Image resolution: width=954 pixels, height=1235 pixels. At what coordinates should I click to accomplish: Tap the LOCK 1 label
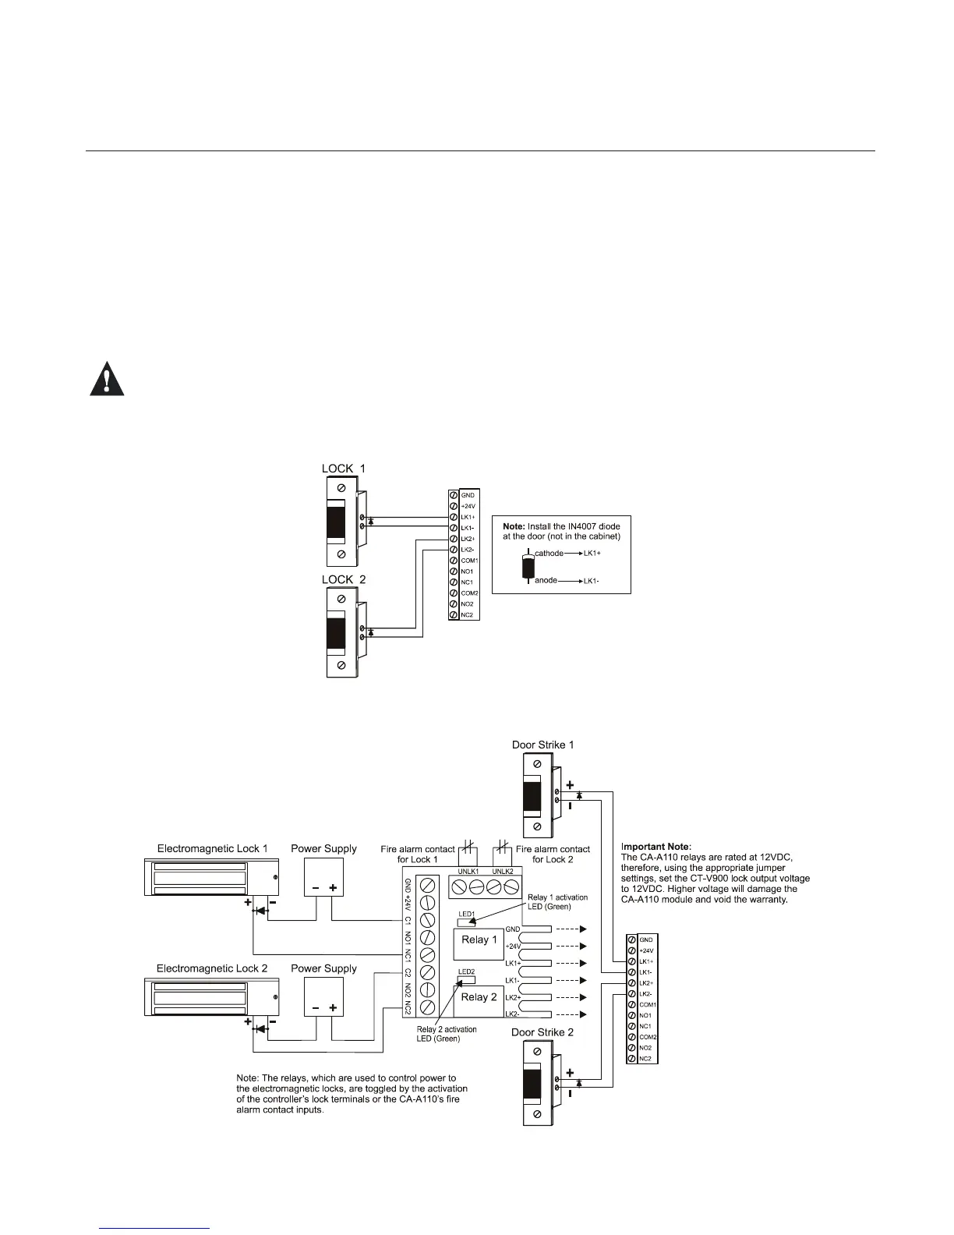pyautogui.click(x=344, y=469)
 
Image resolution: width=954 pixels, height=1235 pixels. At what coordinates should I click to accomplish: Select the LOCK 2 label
pyautogui.click(x=344, y=579)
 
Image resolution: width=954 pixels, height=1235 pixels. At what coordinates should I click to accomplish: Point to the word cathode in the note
pyautogui.click(x=549, y=553)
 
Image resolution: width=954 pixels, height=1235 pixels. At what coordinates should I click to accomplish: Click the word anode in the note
pyautogui.click(x=546, y=580)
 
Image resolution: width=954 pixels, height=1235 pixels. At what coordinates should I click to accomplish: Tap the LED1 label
pyautogui.click(x=466, y=913)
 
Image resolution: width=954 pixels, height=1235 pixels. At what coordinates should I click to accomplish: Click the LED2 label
pyautogui.click(x=466, y=971)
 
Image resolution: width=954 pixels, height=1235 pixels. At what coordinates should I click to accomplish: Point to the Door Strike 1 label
pyautogui.click(x=542, y=745)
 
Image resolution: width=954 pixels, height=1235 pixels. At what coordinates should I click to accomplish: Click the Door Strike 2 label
pyautogui.click(x=542, y=1032)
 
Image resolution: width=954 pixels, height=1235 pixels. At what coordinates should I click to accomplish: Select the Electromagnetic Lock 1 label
pyautogui.click(x=212, y=848)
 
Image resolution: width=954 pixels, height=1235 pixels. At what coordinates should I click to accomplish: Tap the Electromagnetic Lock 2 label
pyautogui.click(x=212, y=968)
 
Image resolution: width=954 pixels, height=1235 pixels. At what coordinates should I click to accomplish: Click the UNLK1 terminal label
pyautogui.click(x=468, y=872)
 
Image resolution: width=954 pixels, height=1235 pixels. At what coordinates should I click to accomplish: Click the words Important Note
pyautogui.click(x=656, y=846)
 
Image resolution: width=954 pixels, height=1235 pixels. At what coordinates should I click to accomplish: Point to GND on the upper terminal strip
pyautogui.click(x=468, y=495)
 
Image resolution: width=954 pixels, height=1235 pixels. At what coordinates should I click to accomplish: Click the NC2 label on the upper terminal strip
pyautogui.click(x=468, y=615)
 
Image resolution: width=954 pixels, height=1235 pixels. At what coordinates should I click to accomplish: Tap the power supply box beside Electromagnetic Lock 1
pyautogui.click(x=323, y=879)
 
